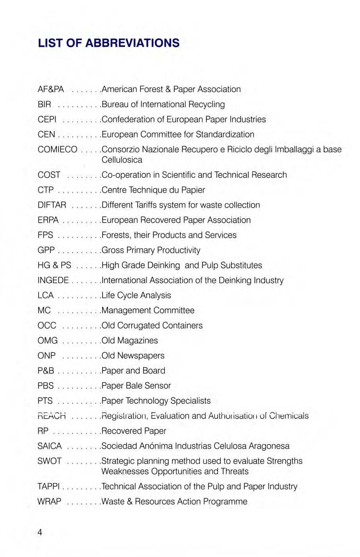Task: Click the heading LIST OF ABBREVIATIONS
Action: (109, 43)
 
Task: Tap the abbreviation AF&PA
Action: (51, 89)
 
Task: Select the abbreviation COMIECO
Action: (57, 149)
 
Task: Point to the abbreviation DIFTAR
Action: (52, 205)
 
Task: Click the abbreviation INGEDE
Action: (53, 280)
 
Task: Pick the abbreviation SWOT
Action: (49, 461)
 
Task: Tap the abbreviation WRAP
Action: (49, 502)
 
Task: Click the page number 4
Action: (40, 532)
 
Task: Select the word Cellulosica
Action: (122, 160)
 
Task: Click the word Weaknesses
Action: (125, 472)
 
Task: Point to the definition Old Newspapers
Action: (133, 355)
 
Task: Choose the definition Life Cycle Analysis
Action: (136, 295)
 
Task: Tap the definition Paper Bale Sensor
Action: (136, 386)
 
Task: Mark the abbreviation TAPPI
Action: (49, 487)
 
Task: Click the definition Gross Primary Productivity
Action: (151, 250)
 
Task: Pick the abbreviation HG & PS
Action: (54, 265)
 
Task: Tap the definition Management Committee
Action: (148, 311)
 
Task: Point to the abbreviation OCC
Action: (47, 326)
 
